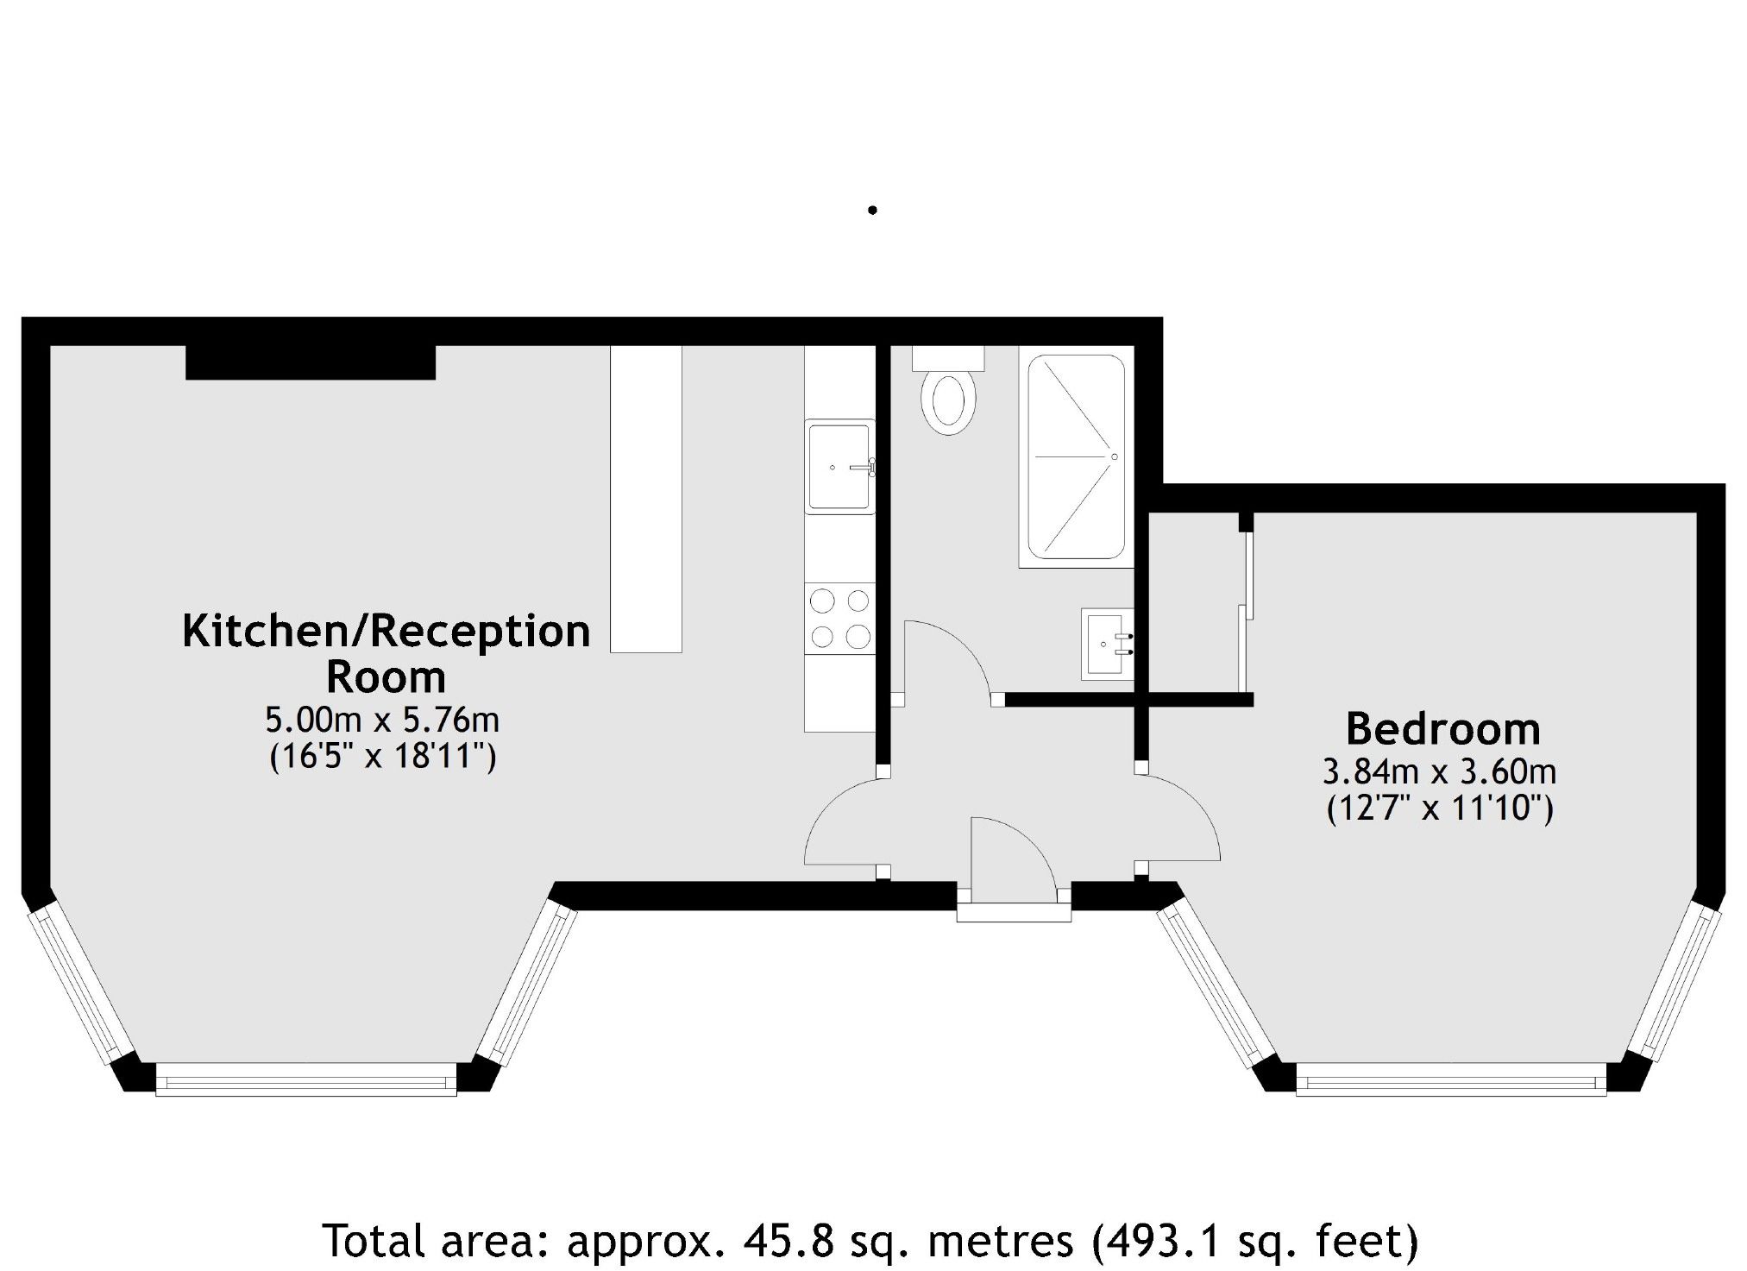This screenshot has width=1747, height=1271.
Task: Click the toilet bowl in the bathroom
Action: click(948, 402)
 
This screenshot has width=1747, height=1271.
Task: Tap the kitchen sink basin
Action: click(839, 467)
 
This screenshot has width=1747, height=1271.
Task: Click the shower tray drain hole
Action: click(1115, 456)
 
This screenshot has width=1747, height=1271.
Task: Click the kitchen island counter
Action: click(646, 499)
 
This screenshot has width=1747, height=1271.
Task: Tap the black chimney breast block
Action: click(311, 362)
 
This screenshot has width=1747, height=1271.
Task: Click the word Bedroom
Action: click(1443, 729)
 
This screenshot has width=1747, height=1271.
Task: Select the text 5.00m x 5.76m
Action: click(382, 719)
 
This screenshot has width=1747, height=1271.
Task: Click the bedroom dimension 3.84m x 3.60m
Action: click(1439, 771)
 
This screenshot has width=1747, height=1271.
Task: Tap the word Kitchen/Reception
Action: click(386, 632)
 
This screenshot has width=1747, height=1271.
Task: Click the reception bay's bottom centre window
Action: click(306, 1079)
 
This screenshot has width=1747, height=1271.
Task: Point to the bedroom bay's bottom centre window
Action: click(1451, 1079)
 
